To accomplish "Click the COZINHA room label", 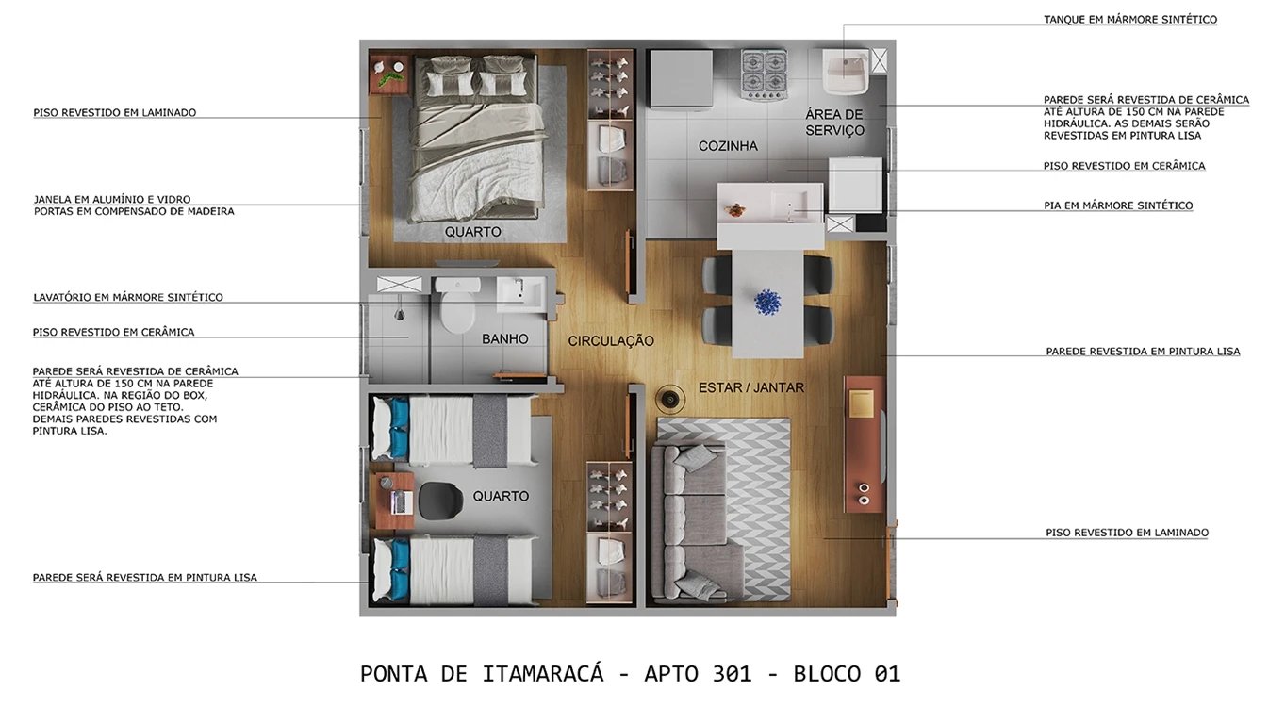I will [x=728, y=146].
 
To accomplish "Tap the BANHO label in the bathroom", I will [x=504, y=338].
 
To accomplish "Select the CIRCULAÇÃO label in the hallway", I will [x=611, y=341].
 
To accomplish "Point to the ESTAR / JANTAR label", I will [x=751, y=387].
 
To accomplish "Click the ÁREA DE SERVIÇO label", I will [x=834, y=123].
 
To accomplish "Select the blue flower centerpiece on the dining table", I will [x=768, y=302].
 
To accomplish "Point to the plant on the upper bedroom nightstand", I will [x=387, y=75].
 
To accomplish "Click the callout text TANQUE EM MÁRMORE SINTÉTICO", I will [x=1129, y=20].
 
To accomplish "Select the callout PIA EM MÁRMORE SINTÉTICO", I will [x=1117, y=205].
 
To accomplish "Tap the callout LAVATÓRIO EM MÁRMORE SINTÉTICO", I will [x=128, y=298].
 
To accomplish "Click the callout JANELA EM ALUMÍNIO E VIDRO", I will [x=112, y=200].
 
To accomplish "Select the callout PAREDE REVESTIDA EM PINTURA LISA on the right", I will [x=1143, y=352].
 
